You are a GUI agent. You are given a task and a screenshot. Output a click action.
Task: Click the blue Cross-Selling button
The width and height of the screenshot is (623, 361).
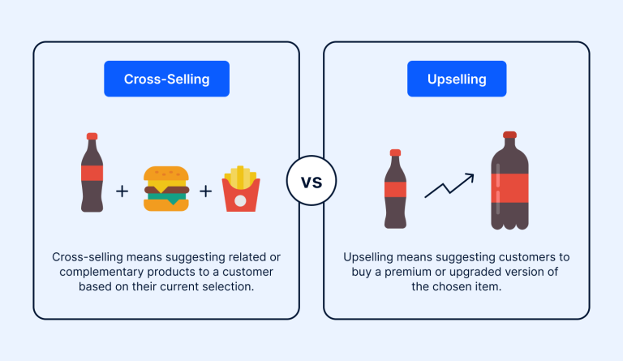coord(166,79)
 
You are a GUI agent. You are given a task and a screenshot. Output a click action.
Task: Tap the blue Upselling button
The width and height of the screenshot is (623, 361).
coord(457,79)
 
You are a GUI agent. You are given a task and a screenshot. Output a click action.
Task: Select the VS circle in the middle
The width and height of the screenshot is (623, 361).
coord(311,180)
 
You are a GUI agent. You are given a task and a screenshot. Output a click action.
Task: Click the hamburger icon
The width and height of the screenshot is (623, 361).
coord(166,189)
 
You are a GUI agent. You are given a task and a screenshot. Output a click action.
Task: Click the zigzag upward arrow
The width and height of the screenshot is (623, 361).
coord(449,185)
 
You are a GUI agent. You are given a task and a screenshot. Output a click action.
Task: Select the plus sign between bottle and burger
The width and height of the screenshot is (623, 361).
coord(122,191)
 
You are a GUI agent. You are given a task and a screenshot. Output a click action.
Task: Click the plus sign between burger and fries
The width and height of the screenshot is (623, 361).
coord(206,191)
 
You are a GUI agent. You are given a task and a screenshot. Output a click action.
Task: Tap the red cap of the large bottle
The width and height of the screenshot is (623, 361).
coord(509,135)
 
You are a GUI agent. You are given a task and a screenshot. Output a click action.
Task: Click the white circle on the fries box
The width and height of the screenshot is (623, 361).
coord(241,199)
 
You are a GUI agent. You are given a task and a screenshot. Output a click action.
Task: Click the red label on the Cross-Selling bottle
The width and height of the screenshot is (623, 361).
coord(92,173)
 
